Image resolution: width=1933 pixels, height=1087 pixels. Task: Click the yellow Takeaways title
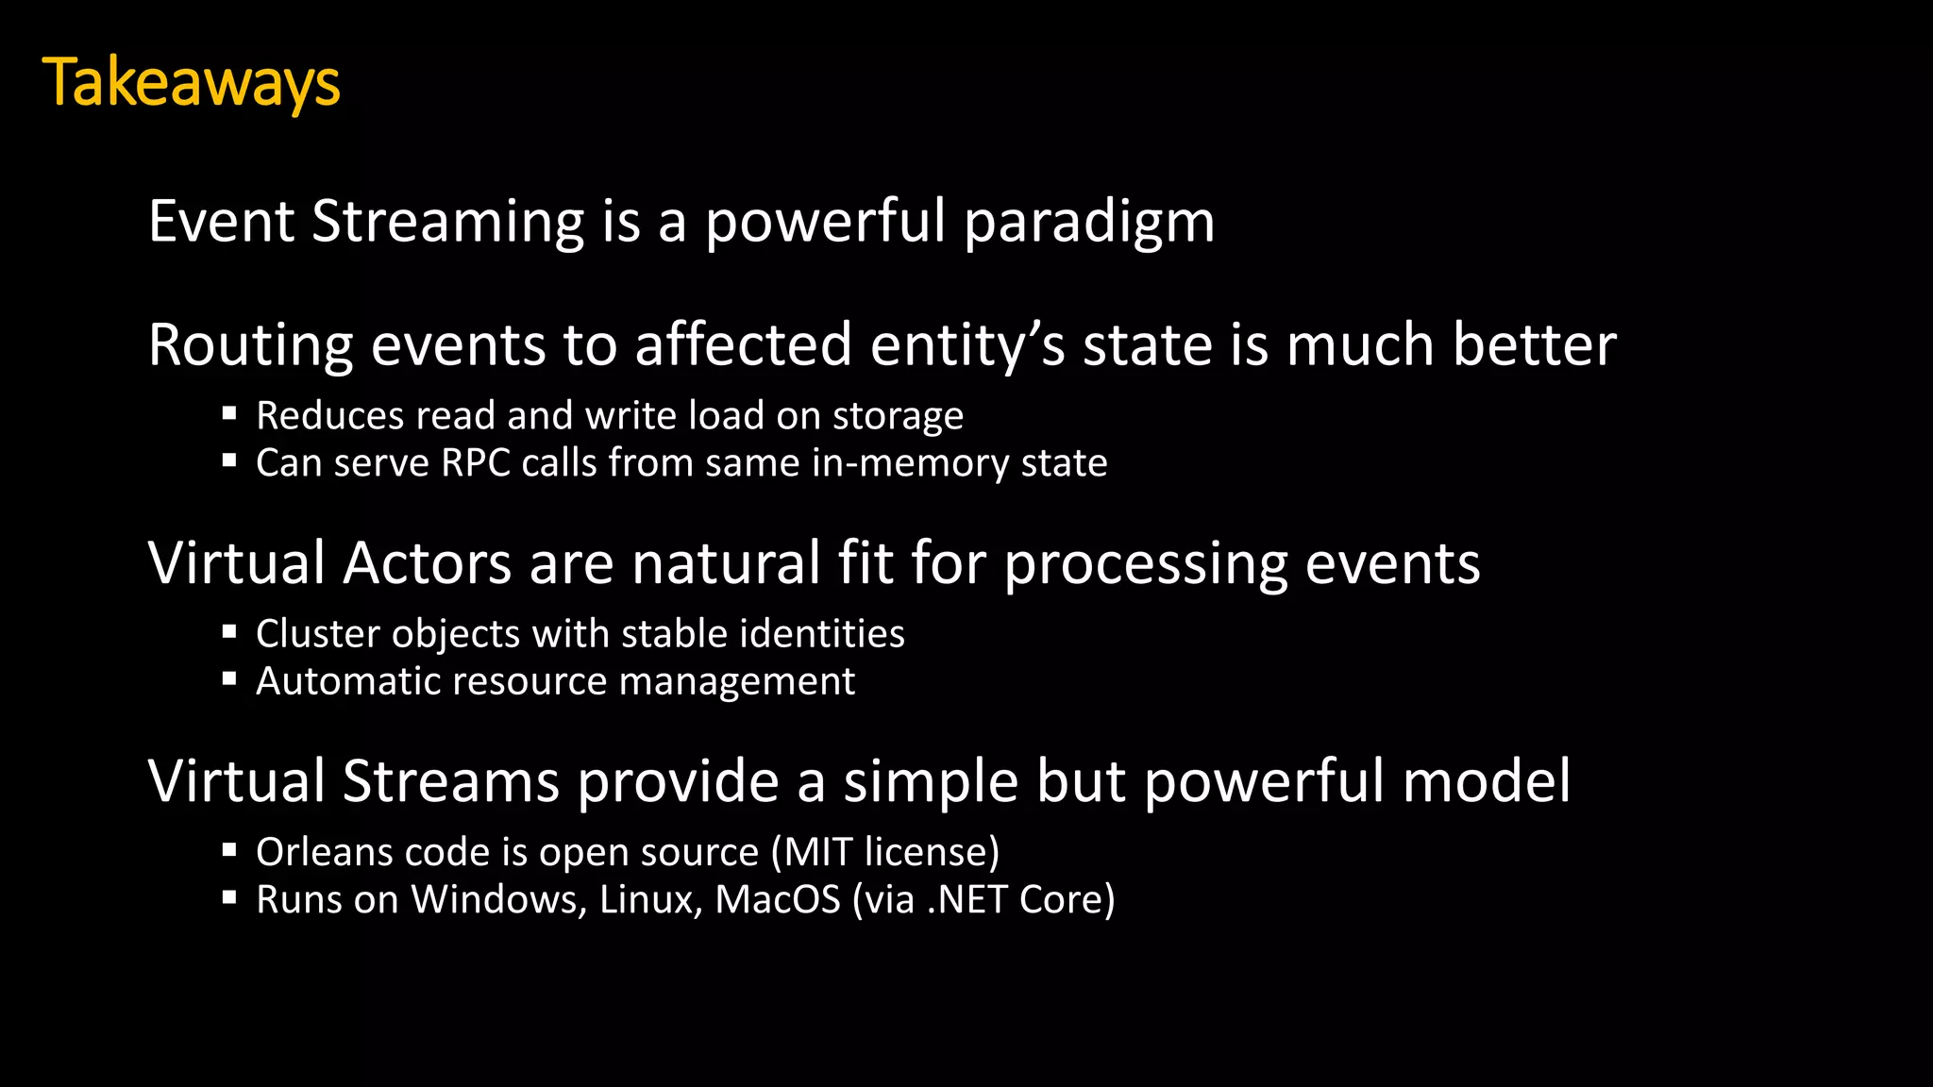coord(191,83)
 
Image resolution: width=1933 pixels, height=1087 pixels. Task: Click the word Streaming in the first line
coord(448,223)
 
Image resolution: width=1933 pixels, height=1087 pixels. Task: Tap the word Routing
coord(250,345)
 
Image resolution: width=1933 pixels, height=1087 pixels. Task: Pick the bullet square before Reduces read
coord(229,412)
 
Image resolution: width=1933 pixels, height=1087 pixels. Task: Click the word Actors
coord(428,563)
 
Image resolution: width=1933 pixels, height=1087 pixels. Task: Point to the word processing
coord(1146,565)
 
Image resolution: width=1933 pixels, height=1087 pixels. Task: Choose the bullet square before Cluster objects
coord(229,631)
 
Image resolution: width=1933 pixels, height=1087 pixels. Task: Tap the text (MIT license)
coord(884,852)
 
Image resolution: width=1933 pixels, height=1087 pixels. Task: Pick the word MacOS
coord(778,899)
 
